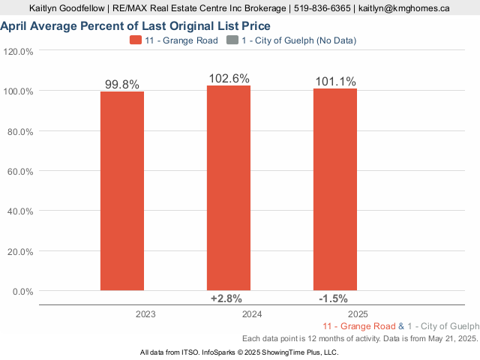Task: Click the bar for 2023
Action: [122, 190]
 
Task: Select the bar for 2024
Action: [229, 187]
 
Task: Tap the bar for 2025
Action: [335, 189]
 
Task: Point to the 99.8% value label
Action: [122, 85]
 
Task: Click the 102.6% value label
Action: [229, 79]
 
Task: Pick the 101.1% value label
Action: [335, 82]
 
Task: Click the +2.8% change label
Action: [226, 298]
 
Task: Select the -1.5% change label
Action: [333, 298]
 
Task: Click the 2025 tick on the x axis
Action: [358, 314]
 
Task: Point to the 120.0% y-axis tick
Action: [19, 52]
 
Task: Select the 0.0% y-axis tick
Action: [22, 291]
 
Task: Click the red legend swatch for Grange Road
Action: [135, 40]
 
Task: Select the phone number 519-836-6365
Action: [321, 9]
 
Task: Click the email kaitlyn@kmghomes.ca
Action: [403, 9]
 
